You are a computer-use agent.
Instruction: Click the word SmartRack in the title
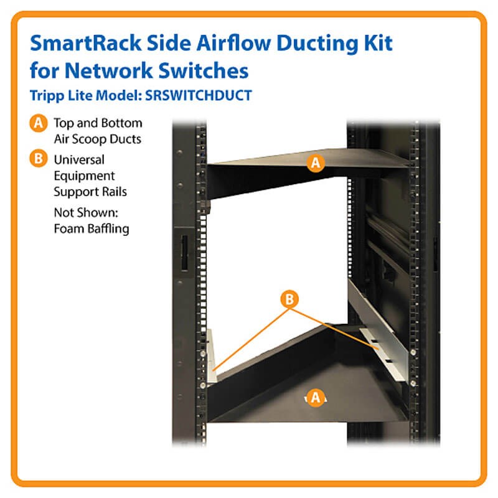tap(86, 43)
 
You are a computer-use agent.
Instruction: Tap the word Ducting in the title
tap(317, 44)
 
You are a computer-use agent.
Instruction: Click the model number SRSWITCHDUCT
tap(199, 95)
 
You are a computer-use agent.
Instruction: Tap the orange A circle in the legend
tap(39, 123)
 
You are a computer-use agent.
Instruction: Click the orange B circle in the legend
tap(39, 158)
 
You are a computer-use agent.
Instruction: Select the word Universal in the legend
tap(79, 160)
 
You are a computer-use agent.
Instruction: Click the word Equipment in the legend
tap(84, 176)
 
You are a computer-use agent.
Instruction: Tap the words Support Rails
tap(90, 192)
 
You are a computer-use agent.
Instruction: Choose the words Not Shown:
tap(86, 212)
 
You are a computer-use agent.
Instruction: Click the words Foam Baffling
tap(92, 229)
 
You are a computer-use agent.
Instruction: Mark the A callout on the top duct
tap(316, 163)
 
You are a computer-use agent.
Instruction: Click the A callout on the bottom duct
tap(316, 397)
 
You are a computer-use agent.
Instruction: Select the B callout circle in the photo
tap(289, 299)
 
